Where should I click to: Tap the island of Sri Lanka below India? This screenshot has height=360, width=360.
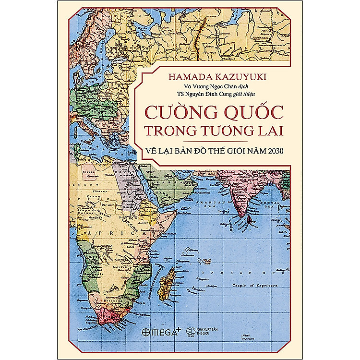[251, 219]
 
